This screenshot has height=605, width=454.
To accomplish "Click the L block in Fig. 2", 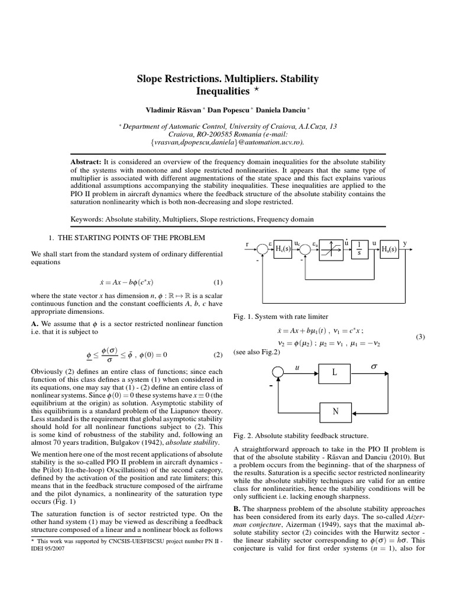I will pos(335,372).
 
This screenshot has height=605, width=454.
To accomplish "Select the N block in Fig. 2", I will pos(335,411).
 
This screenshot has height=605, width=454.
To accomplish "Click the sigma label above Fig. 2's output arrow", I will pos(373,366).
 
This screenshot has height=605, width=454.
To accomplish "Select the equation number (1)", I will pos(217,282).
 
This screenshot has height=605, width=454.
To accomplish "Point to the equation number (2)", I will pos(217,355).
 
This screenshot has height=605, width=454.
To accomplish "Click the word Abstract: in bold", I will pos(86,162).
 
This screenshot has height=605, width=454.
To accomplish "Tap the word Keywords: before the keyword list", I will pos(87,219).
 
